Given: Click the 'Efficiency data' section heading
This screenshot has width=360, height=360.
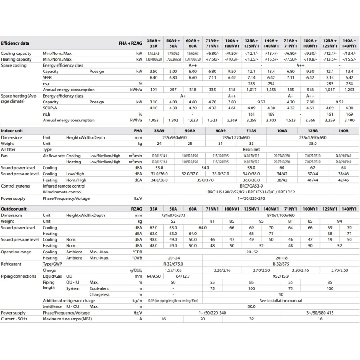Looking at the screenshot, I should (x=15, y=44).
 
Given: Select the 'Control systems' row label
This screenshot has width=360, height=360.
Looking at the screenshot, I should (x=17, y=186).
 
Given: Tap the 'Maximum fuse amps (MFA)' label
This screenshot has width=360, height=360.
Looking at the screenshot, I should (x=70, y=318).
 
